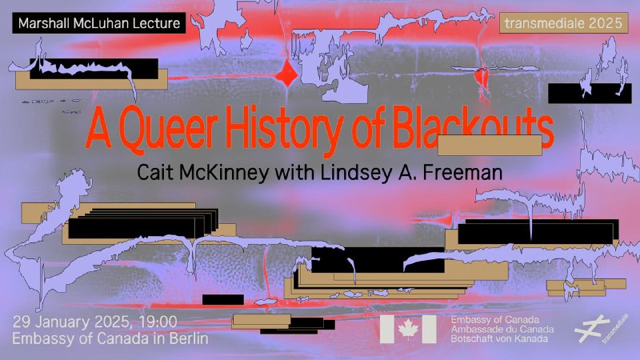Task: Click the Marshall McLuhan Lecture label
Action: click(98, 23)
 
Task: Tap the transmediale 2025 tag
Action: click(563, 23)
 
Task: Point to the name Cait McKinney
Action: click(203, 172)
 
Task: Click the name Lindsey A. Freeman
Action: click(411, 172)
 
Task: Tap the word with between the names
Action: click(294, 172)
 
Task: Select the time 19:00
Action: click(158, 322)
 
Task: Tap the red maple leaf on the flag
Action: click(408, 329)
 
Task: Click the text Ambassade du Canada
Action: click(502, 329)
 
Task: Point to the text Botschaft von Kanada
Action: click(499, 338)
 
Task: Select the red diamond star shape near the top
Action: click(287, 75)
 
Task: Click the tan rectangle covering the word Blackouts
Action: click(490, 145)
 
